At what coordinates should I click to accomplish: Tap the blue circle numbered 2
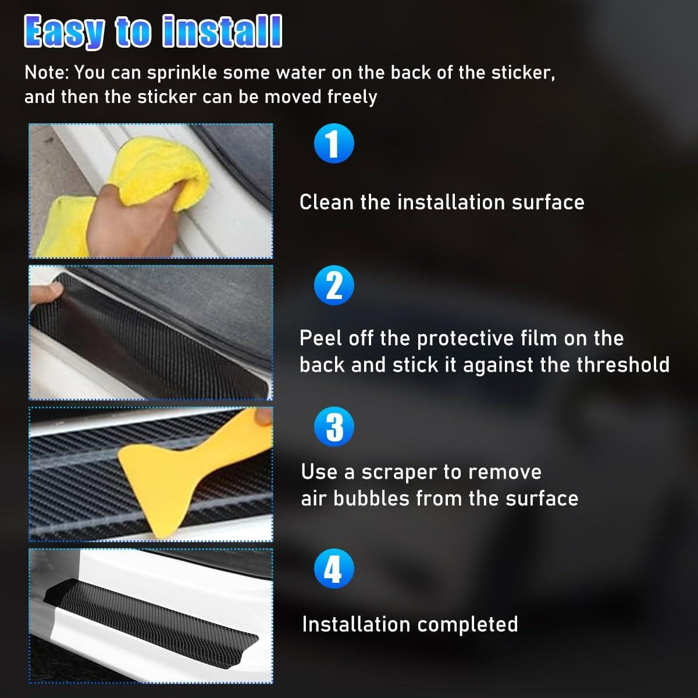pos(334,285)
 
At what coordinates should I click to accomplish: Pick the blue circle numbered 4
pos(333,569)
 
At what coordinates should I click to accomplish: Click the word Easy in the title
pos(65,32)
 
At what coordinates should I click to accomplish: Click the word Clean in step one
pos(326,202)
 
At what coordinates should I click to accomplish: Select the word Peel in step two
pos(320,338)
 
